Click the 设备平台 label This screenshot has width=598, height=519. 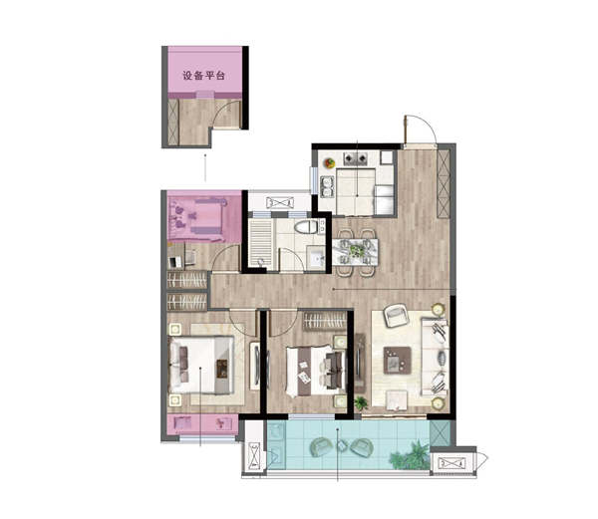click(x=203, y=76)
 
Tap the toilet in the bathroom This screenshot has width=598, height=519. click(x=306, y=227)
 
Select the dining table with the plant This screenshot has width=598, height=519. click(x=355, y=251)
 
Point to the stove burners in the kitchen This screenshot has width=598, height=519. click(x=356, y=158)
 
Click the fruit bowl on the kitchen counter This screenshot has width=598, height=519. click(x=330, y=163)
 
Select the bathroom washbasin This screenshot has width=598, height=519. click(x=316, y=258)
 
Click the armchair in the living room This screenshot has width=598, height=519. click(x=396, y=315)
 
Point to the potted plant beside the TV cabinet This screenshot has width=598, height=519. click(x=361, y=402)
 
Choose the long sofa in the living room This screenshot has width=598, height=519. click(x=434, y=357)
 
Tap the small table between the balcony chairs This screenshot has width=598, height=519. click(x=342, y=445)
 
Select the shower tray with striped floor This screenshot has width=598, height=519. click(x=260, y=243)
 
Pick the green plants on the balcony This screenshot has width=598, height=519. click(x=410, y=455)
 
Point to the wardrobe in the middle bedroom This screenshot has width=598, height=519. click(x=325, y=321)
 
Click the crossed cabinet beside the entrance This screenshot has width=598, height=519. click(x=444, y=183)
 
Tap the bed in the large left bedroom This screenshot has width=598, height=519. click(x=201, y=365)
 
